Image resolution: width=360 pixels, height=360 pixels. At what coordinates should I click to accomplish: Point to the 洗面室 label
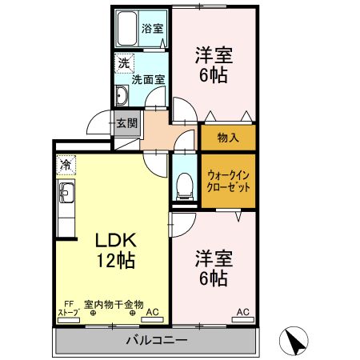coord(148,79)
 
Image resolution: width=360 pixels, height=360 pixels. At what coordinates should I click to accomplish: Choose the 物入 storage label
coord(230,138)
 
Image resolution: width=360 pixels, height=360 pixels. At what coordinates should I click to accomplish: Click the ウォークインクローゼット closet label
coord(228,180)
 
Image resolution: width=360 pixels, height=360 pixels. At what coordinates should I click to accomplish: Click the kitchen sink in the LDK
coord(65,194)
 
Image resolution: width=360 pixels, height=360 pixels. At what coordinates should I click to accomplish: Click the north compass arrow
coord(295,342)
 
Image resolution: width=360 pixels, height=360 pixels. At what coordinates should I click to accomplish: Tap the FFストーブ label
coord(69,309)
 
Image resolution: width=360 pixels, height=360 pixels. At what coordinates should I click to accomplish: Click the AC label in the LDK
coord(154,313)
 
